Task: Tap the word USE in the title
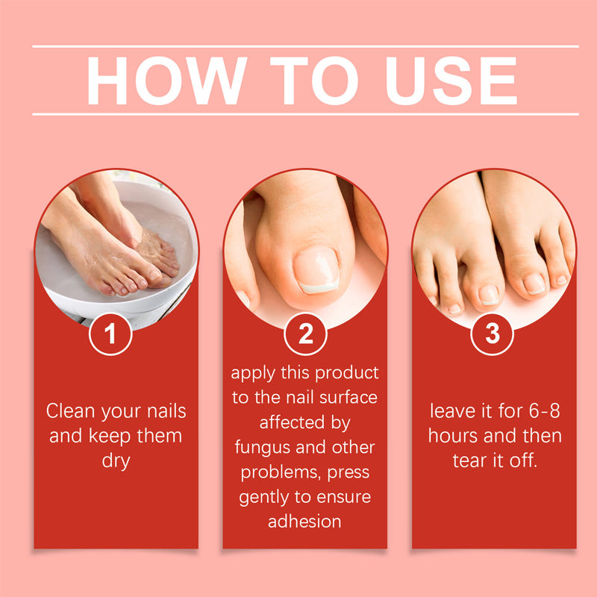click(451, 81)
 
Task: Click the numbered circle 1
click(110, 334)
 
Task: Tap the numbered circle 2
click(305, 334)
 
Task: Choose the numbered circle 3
click(493, 334)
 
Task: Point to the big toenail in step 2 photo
click(316, 270)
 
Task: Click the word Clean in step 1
click(70, 411)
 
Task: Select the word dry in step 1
click(116, 461)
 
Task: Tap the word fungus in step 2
click(263, 447)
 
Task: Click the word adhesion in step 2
click(304, 521)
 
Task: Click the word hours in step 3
click(453, 436)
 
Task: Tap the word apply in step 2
click(253, 373)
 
